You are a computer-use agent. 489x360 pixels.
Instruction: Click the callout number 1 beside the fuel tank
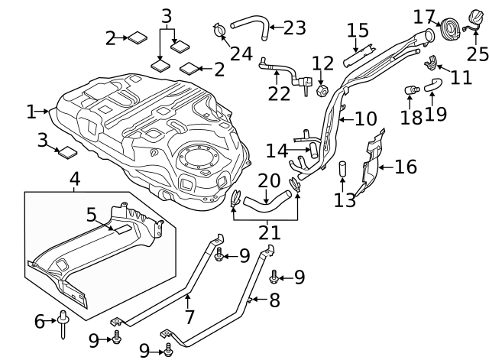point(31,112)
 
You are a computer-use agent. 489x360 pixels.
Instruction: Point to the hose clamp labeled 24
point(219,31)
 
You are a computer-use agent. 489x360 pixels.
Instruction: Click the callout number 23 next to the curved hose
point(293,28)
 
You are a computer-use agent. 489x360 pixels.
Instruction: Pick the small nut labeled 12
point(322,91)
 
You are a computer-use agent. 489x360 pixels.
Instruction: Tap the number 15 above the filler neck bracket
point(358,31)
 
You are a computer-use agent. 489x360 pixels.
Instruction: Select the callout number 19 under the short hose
point(435,115)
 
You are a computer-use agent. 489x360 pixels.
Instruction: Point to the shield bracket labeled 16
point(371,162)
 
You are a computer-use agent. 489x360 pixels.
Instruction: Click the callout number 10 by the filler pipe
point(365,118)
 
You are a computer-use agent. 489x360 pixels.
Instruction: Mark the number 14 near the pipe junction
point(277,150)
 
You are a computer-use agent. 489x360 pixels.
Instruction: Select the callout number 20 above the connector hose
point(269,180)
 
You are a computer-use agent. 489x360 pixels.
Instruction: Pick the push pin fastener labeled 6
point(61,327)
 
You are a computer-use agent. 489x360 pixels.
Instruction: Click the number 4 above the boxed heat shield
point(75,180)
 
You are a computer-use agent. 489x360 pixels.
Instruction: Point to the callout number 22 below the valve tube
point(279,93)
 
